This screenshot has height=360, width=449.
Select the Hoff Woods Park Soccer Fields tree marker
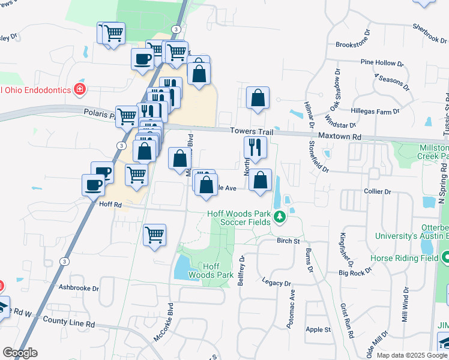(x=279, y=217)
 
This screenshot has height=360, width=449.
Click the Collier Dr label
(x=378, y=192)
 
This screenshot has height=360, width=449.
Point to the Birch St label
(x=288, y=241)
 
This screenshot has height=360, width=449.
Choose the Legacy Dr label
(x=277, y=282)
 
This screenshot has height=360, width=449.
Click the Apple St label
(x=318, y=329)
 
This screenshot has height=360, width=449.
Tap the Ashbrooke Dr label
(x=79, y=287)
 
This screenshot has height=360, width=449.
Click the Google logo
(x=20, y=353)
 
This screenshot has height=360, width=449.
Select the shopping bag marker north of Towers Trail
(x=258, y=98)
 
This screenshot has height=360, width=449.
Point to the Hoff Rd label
(x=110, y=205)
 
